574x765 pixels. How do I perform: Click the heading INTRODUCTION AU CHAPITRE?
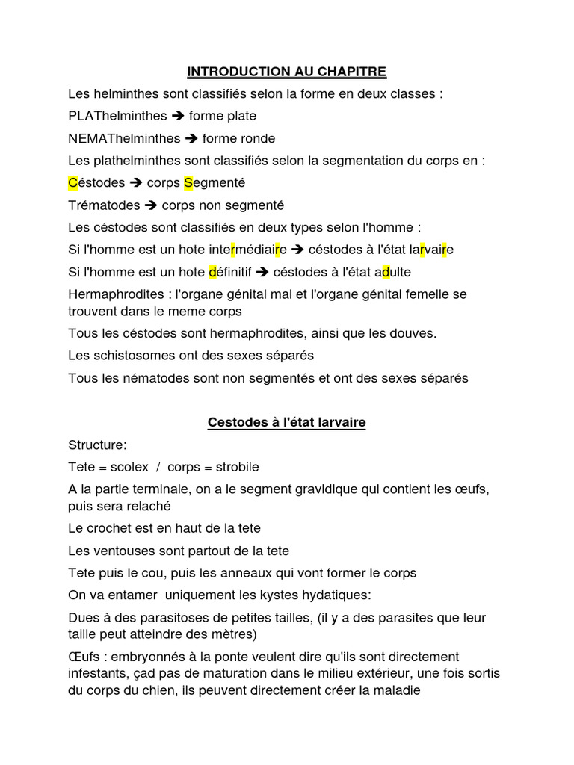286,72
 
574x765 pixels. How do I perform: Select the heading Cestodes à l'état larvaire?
286,423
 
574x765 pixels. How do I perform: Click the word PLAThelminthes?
117,116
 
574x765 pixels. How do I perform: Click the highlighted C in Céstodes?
72,183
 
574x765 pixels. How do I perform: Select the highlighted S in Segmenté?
188,183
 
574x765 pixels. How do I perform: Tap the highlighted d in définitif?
212,272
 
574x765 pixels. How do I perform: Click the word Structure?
97,445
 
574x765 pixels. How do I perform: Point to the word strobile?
237,468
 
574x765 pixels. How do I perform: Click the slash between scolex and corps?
158,468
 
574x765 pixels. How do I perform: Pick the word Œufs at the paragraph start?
84,657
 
